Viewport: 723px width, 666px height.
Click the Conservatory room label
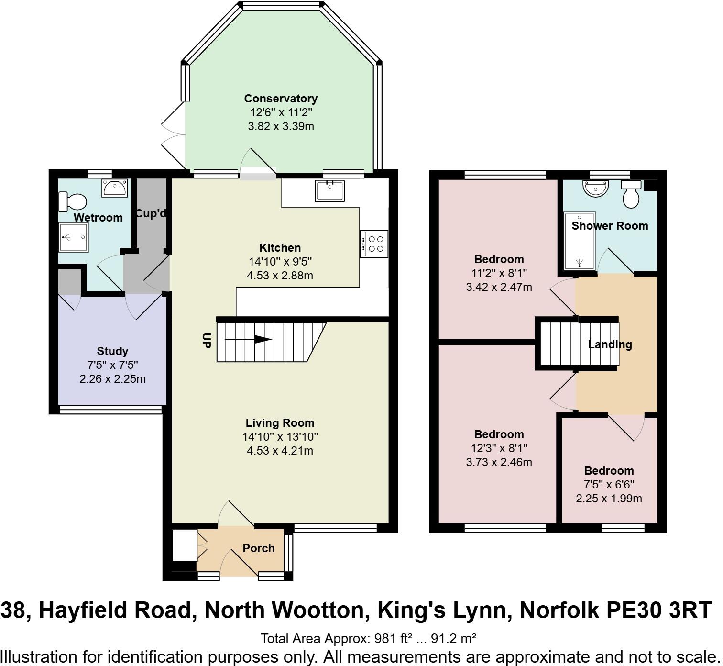[281, 99]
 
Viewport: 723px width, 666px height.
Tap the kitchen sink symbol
[329, 191]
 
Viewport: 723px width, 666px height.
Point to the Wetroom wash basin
[115, 188]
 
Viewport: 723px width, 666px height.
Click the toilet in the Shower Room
[631, 194]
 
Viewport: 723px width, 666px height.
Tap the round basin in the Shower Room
[595, 188]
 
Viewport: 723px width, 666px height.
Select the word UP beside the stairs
[207, 340]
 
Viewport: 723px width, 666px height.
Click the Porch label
[258, 548]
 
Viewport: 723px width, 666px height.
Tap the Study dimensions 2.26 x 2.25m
[112, 379]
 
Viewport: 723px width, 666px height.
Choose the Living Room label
[280, 423]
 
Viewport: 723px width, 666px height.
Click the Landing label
[610, 344]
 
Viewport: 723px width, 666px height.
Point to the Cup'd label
[151, 213]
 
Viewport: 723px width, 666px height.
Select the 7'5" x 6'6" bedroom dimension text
[609, 485]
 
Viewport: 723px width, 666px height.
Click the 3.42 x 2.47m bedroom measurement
[499, 287]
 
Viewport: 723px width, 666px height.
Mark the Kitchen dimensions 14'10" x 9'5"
[280, 262]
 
